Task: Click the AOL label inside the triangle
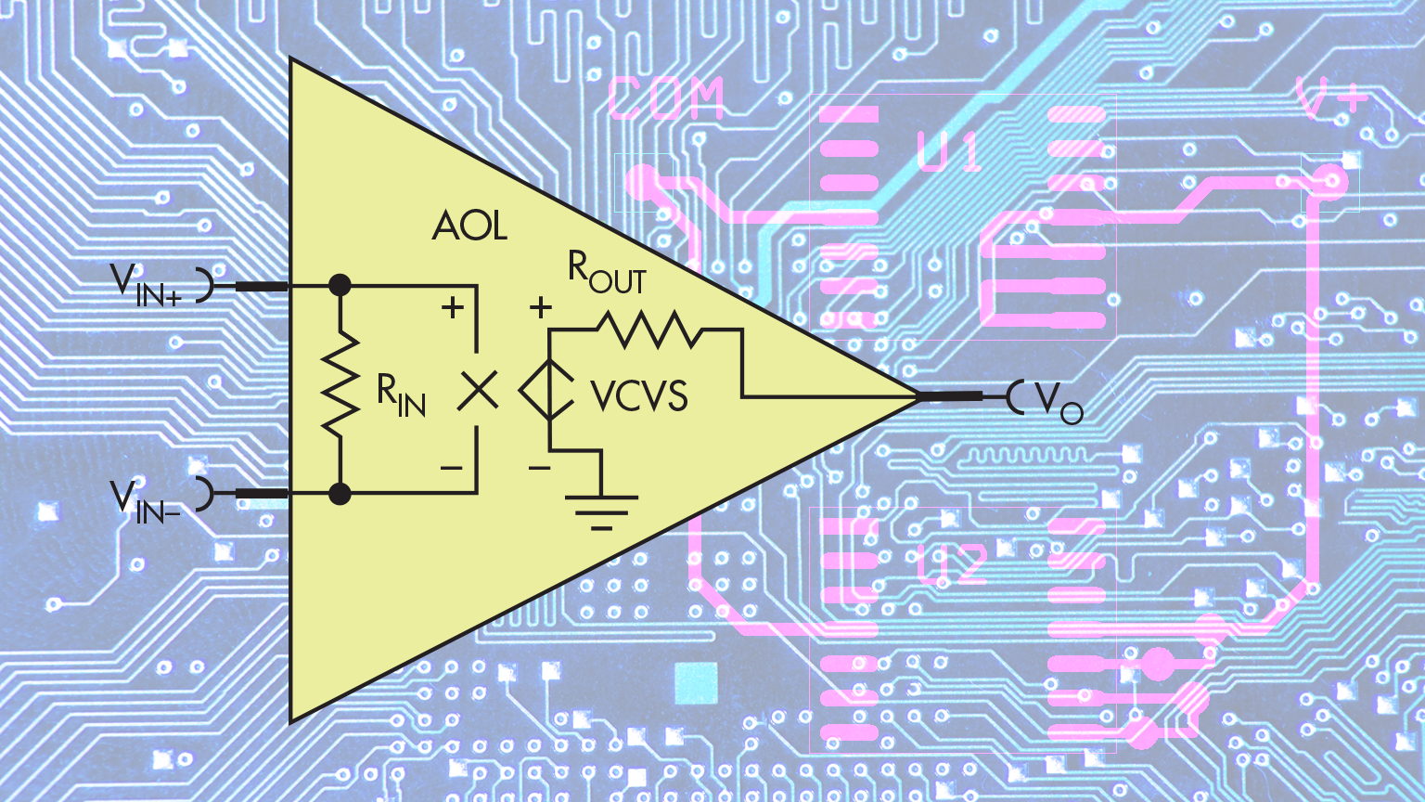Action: point(469,226)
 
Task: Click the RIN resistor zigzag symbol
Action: point(340,382)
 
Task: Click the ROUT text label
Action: point(607,273)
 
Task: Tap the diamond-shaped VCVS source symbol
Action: point(549,390)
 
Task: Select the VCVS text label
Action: point(639,397)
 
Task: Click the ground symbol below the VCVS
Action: point(601,511)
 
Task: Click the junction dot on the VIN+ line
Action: point(340,285)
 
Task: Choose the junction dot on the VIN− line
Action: point(340,493)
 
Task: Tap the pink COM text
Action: point(666,99)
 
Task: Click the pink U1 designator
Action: point(948,152)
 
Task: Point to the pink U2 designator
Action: point(952,564)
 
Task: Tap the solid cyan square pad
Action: point(696,684)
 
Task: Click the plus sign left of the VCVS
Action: point(540,308)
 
